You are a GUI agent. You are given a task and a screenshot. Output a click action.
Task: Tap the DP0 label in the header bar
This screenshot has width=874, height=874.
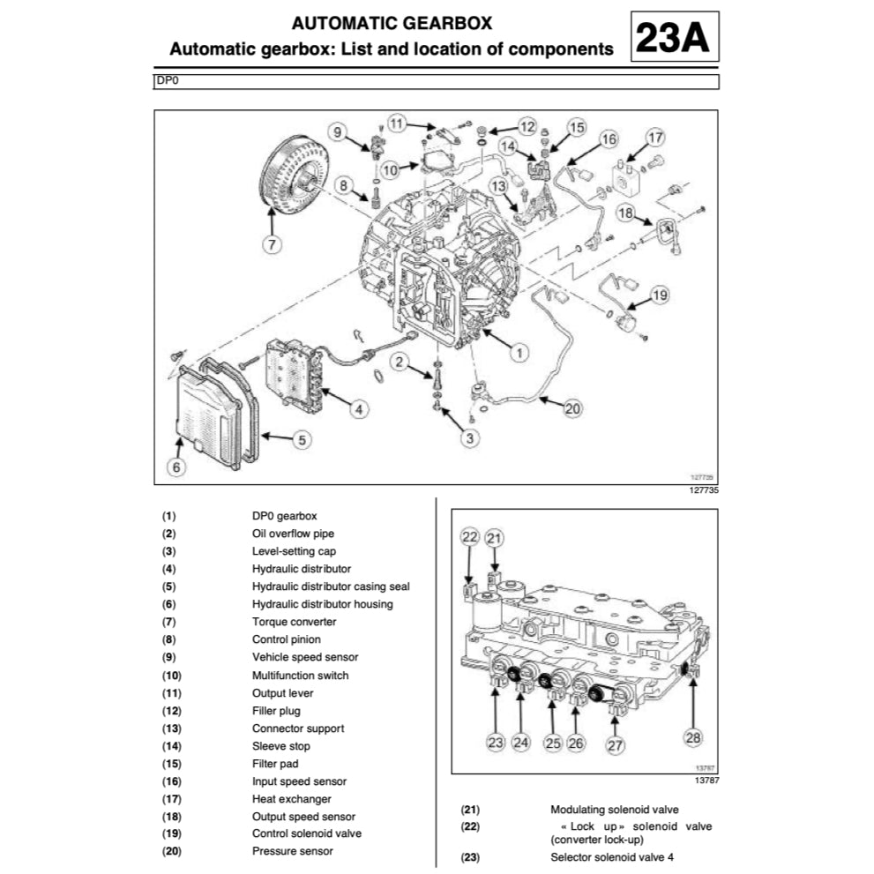[x=166, y=81]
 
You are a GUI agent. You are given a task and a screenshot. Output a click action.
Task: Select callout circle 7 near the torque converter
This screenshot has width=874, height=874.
[x=273, y=244]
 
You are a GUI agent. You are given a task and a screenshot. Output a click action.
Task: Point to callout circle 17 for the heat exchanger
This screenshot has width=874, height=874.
[x=654, y=138]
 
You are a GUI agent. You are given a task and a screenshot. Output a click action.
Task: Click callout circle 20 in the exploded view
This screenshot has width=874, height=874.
[x=573, y=408]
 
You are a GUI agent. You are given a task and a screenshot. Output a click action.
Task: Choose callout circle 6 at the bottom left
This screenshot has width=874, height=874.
[x=176, y=467]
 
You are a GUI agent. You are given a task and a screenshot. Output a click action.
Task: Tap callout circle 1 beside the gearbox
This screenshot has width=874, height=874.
[x=519, y=352]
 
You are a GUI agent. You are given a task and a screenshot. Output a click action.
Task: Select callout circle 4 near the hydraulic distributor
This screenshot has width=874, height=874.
[x=358, y=408]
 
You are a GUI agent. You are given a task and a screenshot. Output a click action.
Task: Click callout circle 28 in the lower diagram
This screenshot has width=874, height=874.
[x=694, y=737]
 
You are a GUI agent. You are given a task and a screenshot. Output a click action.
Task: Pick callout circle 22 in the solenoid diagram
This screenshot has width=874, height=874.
[x=470, y=538]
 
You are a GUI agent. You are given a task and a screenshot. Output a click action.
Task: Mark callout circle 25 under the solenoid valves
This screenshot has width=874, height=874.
[x=552, y=743]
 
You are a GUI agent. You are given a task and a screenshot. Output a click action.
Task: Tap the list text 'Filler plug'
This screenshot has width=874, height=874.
[x=276, y=711]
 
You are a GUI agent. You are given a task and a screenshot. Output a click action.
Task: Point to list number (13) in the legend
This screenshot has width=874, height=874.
[x=169, y=728]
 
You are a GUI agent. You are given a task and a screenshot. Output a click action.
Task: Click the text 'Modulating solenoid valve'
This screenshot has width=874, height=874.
[x=615, y=810]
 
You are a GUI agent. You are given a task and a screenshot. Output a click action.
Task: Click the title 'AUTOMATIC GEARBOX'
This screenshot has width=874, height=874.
[x=392, y=23]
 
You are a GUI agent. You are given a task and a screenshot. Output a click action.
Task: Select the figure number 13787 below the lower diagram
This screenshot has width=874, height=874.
[x=706, y=781]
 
